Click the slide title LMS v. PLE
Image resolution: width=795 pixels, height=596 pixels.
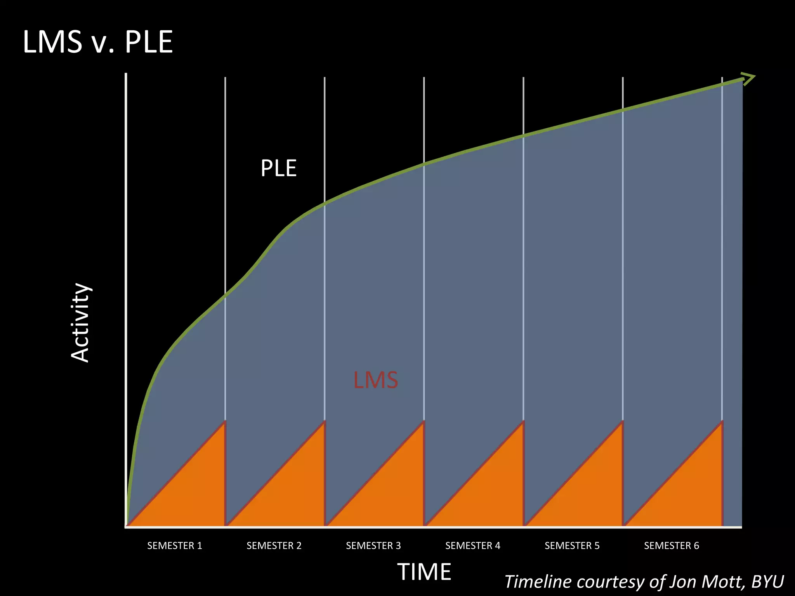tap(98, 42)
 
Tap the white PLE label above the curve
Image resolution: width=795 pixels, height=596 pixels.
tap(278, 168)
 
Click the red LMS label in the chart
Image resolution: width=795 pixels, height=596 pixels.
tap(375, 380)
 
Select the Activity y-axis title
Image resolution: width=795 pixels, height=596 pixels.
tap(80, 322)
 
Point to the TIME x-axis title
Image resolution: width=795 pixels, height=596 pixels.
tap(424, 572)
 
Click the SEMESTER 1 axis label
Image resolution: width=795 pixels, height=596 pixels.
tap(175, 546)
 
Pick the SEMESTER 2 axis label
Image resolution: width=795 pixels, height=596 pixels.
tap(274, 546)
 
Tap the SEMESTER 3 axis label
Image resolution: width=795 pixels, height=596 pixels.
tap(373, 546)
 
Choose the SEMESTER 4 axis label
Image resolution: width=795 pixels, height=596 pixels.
tap(473, 546)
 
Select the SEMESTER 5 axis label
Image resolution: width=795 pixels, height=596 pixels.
tap(572, 546)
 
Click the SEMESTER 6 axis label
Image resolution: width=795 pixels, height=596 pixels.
tap(672, 546)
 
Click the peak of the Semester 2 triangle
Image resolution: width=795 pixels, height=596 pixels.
tap(324, 423)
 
